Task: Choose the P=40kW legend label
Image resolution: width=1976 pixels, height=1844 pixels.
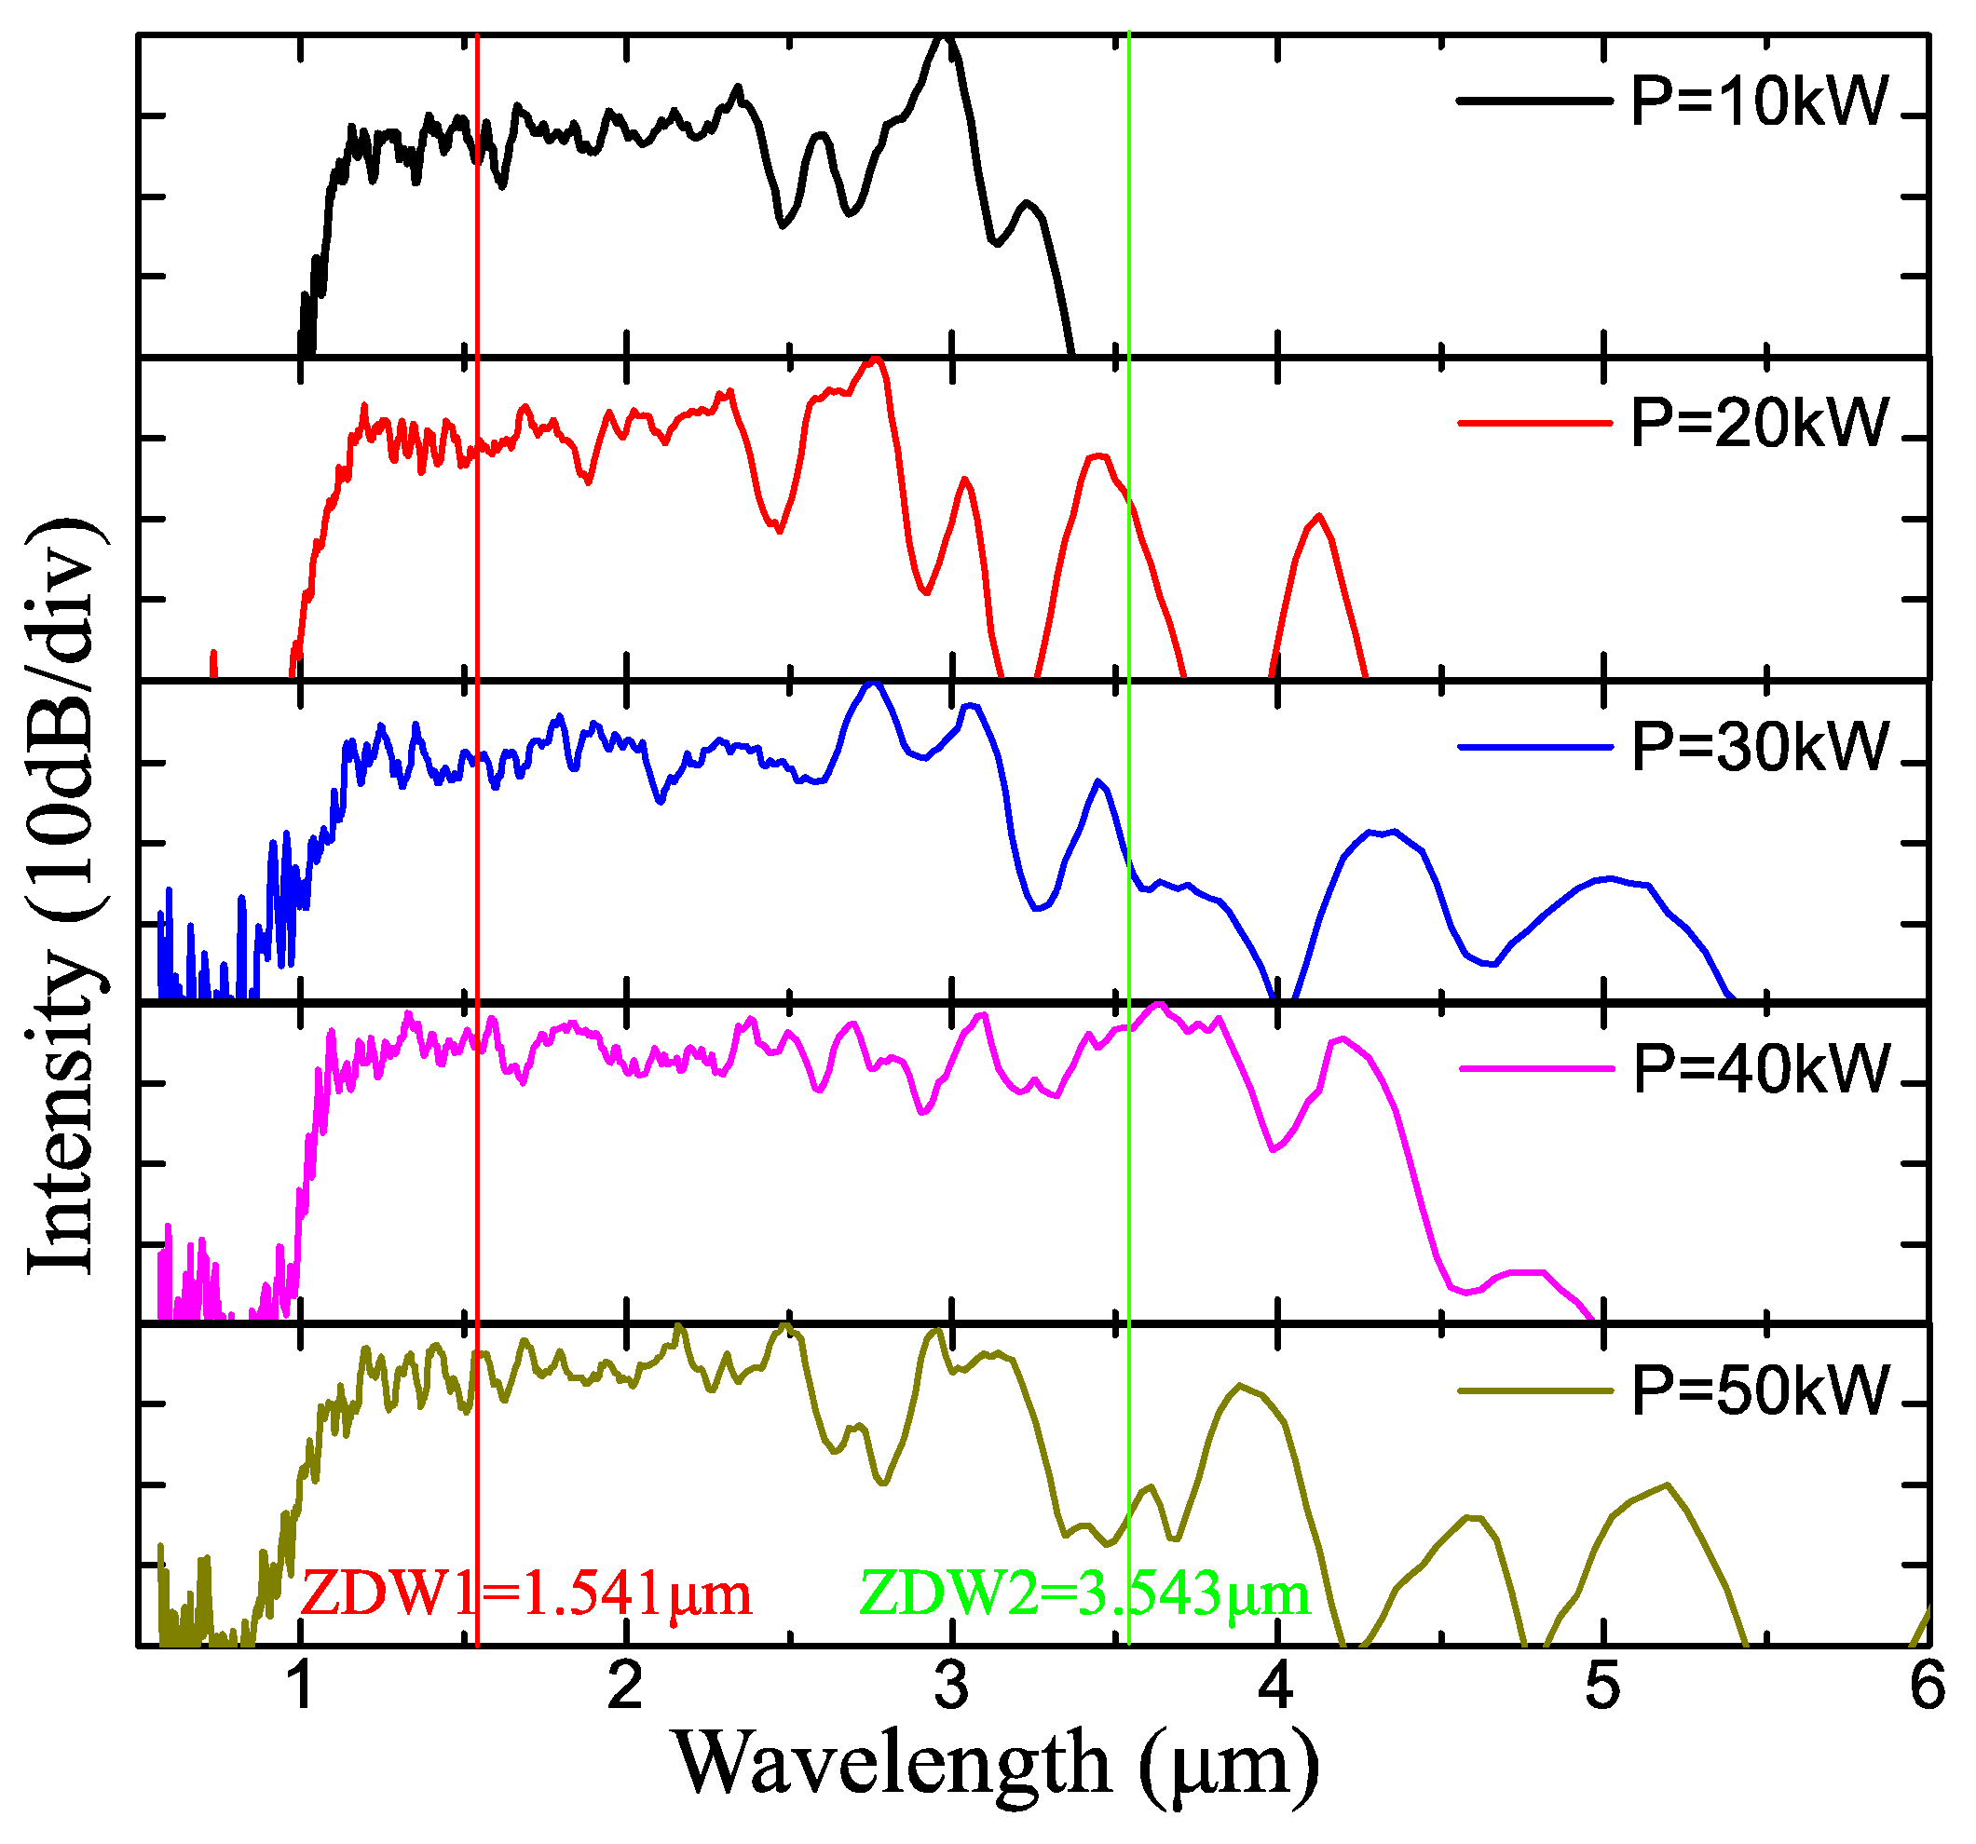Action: (x=1759, y=1069)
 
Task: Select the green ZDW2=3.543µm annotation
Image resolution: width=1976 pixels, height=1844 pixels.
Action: (x=1083, y=1594)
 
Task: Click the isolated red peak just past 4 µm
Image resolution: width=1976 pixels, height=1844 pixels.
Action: (x=1318, y=516)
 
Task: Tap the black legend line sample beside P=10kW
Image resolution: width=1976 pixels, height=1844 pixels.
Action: (x=1533, y=101)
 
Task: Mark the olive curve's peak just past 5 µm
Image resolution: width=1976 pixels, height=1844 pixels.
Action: (x=1666, y=1485)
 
